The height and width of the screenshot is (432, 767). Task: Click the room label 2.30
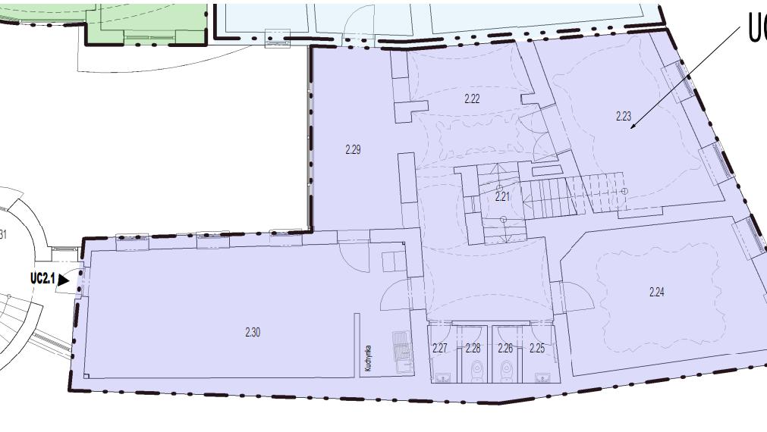point(253,332)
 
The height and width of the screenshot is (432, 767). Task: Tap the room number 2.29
point(353,149)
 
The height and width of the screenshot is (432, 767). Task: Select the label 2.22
point(472,99)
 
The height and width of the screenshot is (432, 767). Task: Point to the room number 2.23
point(624,116)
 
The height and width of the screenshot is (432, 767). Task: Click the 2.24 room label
point(657,292)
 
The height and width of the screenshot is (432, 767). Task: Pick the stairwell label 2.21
point(502,196)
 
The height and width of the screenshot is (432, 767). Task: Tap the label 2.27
point(440,349)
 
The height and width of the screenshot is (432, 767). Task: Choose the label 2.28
point(473,349)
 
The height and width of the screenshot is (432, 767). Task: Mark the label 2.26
point(505,349)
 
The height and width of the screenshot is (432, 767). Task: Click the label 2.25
point(537,349)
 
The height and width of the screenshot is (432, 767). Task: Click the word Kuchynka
point(368,357)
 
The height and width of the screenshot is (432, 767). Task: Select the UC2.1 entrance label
point(42,279)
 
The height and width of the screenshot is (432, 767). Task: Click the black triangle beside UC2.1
point(63,280)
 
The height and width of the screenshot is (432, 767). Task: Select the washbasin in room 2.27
point(443,376)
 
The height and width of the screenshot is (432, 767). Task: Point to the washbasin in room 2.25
point(542,376)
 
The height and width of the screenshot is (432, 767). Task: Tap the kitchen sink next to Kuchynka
point(401,349)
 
